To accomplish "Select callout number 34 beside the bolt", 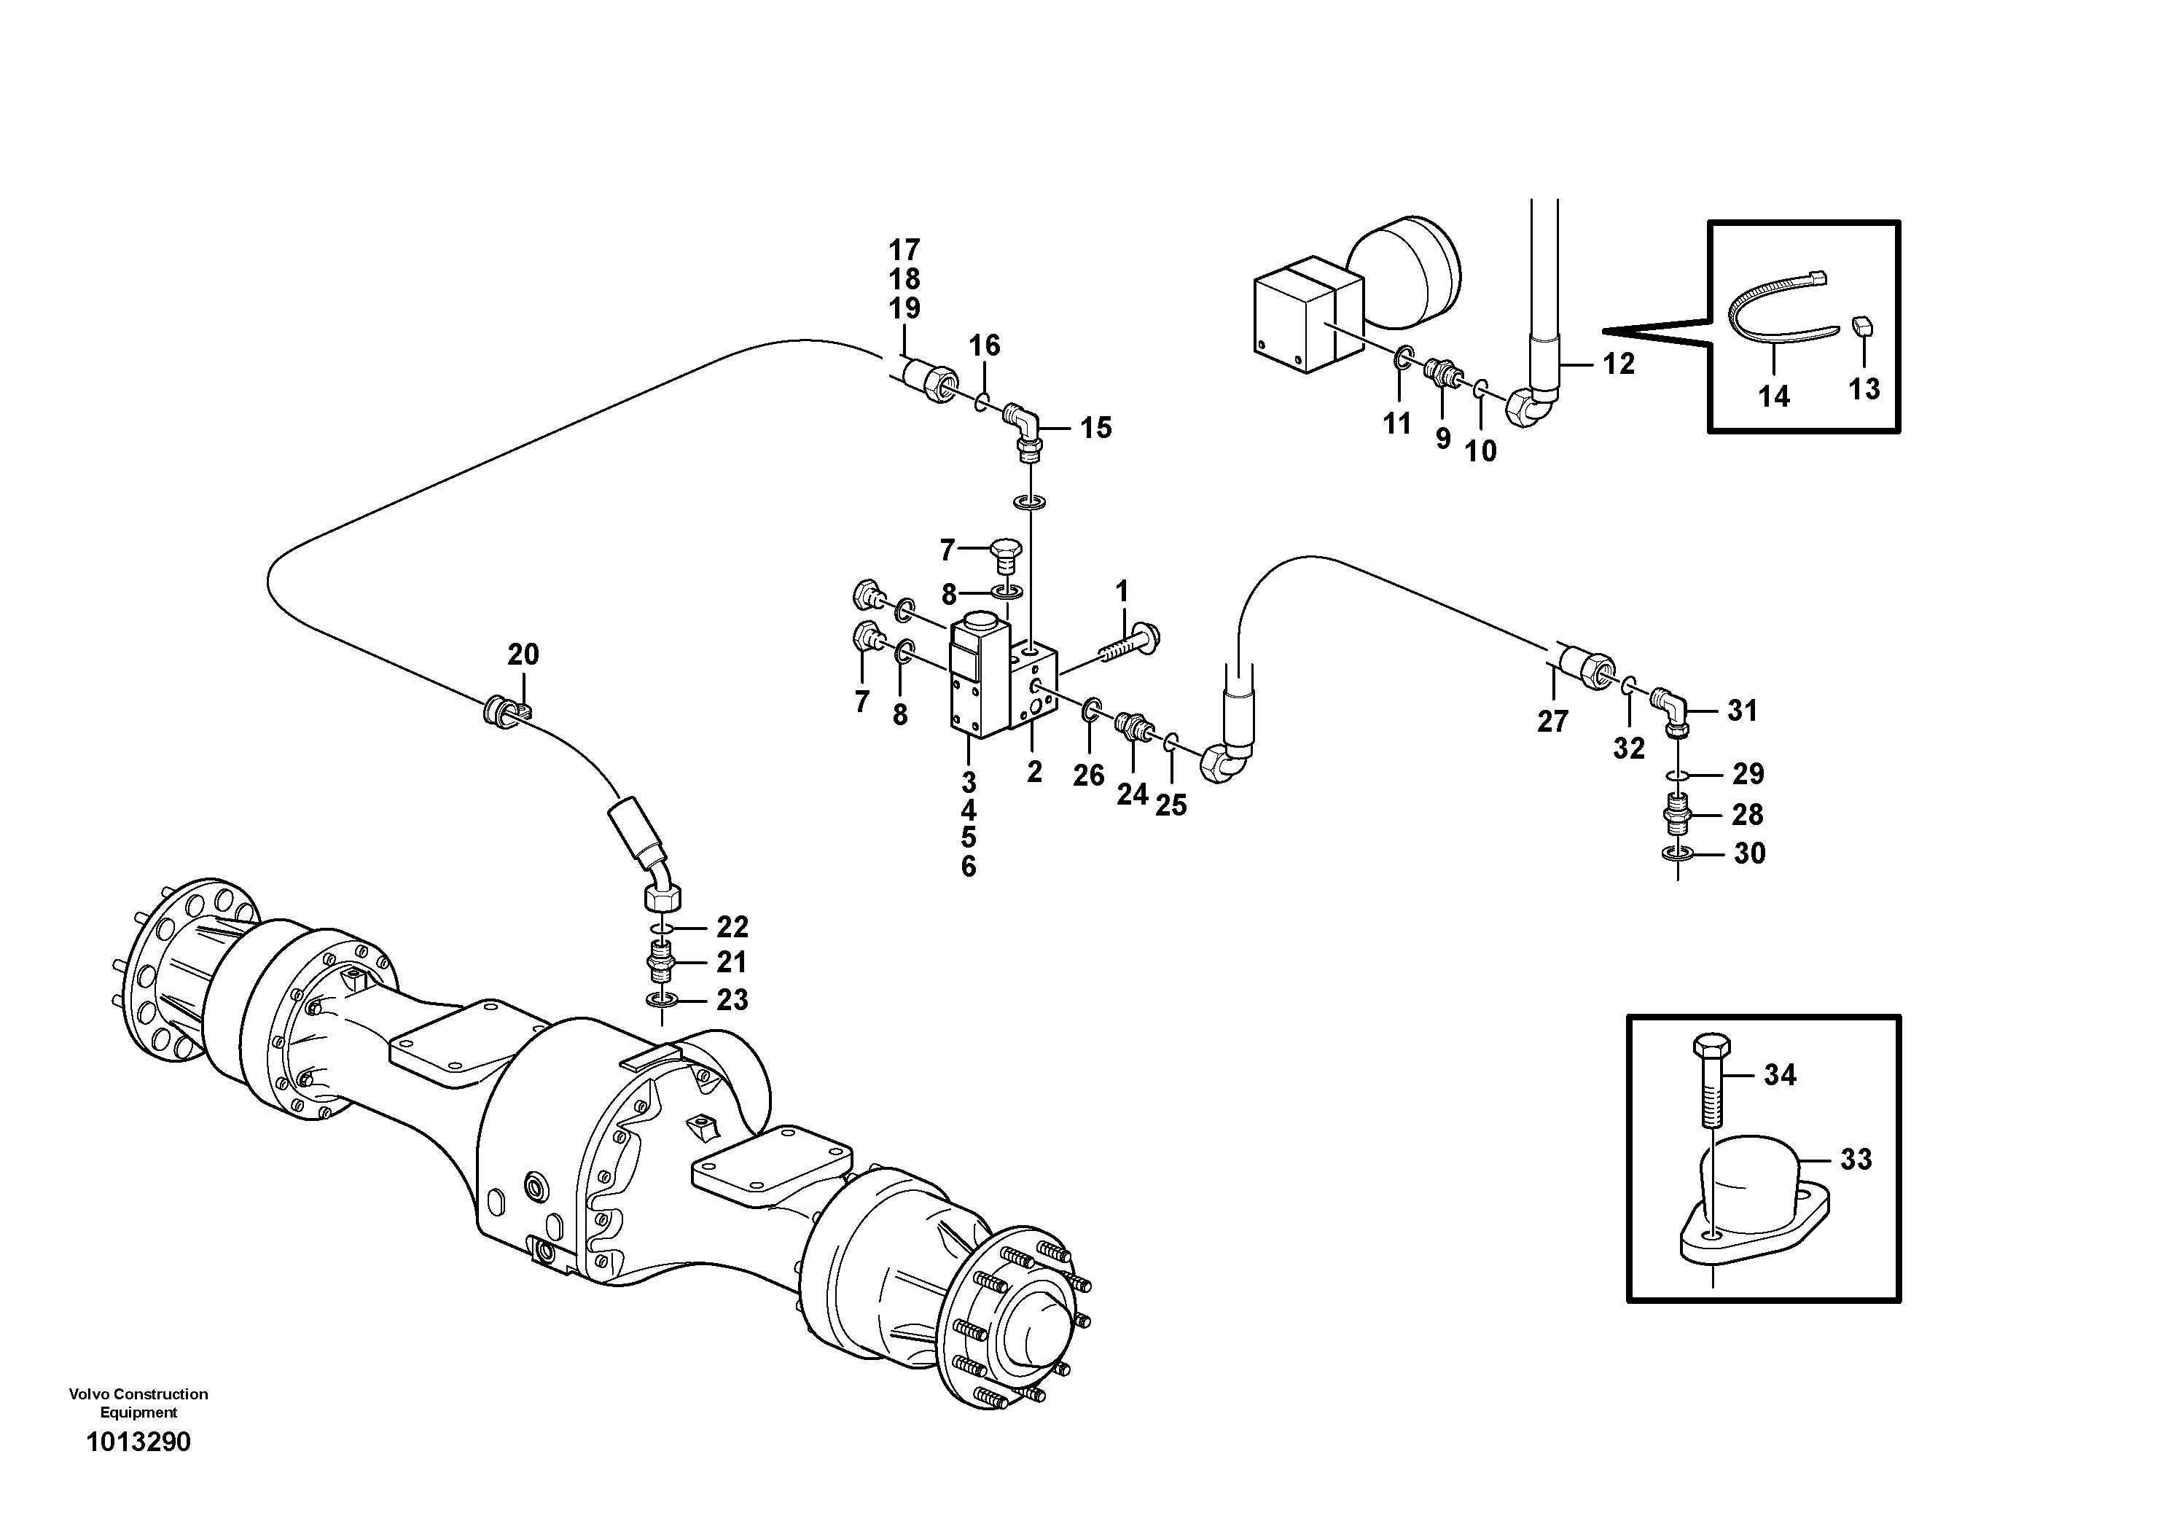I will (x=1780, y=1075).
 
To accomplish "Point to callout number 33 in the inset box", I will (x=1856, y=1160).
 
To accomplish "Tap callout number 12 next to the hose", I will (x=1617, y=364).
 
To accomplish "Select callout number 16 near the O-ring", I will (x=985, y=345).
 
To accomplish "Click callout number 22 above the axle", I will (x=732, y=926).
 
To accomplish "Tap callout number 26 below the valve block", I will (x=1088, y=775).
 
